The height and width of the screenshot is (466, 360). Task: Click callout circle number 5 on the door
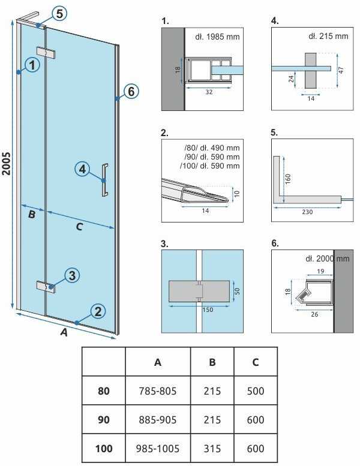(59, 14)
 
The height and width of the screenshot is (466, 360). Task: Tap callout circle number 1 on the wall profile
(32, 65)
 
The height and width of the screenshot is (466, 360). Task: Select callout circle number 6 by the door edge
(131, 92)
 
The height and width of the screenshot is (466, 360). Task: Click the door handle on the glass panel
(104, 180)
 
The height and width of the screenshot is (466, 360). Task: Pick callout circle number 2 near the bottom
(98, 311)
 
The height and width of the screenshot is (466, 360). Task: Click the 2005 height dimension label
(6, 164)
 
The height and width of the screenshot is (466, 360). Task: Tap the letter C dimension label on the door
(79, 227)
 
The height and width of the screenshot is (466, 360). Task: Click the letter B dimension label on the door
(32, 214)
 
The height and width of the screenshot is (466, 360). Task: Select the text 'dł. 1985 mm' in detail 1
(217, 37)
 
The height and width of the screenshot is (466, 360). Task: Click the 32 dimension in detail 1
(209, 92)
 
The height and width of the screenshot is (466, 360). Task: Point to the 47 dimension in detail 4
(341, 70)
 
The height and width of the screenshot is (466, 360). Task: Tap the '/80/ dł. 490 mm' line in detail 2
(212, 148)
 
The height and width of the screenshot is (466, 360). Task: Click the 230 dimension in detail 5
(307, 212)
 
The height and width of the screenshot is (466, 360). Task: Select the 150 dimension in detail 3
(208, 309)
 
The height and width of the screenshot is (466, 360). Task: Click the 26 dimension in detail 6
(314, 314)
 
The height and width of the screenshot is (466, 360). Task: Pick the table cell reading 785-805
(158, 391)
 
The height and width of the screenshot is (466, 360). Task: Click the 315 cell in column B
(212, 448)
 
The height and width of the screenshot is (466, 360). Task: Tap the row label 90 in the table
(103, 420)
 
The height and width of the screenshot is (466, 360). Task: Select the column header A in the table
(158, 362)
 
